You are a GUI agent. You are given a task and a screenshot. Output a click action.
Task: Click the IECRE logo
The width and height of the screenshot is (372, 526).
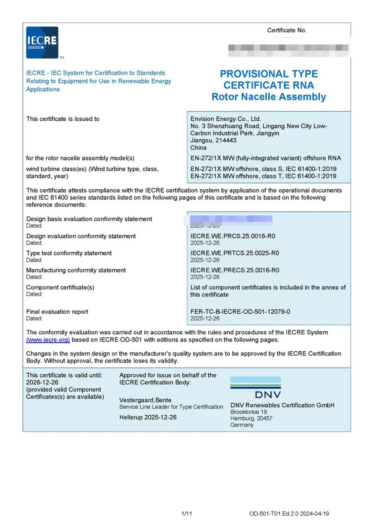[42, 42]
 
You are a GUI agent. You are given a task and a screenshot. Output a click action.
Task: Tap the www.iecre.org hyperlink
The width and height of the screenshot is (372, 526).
[48, 340]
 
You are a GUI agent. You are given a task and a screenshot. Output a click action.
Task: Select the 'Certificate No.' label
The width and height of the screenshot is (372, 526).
[287, 30]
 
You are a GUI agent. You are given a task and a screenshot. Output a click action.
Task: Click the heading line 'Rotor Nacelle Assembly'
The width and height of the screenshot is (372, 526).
[269, 97]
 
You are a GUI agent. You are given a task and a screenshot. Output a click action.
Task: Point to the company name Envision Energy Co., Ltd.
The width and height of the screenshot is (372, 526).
[226, 119]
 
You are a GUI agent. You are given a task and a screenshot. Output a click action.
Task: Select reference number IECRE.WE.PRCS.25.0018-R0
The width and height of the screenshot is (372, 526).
[232, 236]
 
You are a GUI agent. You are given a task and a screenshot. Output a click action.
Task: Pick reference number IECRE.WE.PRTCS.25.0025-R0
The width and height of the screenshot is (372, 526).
[235, 253]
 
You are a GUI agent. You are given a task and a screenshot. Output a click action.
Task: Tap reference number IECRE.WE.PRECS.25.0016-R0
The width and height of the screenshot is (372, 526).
[235, 270]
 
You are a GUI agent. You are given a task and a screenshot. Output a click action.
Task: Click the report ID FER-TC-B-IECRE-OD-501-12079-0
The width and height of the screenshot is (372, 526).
[240, 312]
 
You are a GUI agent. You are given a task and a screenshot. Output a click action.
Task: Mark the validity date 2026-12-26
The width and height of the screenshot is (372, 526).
[42, 382]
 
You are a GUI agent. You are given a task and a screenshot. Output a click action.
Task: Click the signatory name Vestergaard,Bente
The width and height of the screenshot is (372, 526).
[145, 400]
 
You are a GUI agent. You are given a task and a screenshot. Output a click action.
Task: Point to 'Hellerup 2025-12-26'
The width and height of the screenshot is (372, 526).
[148, 417]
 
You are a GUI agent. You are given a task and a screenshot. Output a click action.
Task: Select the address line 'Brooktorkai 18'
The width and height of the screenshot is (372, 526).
[248, 412]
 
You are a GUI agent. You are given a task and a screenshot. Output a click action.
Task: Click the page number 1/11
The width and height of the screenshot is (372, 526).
[186, 514]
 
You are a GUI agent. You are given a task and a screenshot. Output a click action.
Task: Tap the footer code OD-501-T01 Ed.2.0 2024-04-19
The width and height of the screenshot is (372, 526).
[289, 514]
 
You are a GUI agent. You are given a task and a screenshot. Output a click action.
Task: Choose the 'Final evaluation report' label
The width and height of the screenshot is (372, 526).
[57, 312]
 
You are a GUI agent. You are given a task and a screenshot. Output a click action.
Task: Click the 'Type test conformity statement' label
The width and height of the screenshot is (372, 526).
[69, 253]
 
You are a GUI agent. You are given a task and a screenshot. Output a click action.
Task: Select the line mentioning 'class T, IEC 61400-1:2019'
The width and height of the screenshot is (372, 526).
[263, 176]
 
